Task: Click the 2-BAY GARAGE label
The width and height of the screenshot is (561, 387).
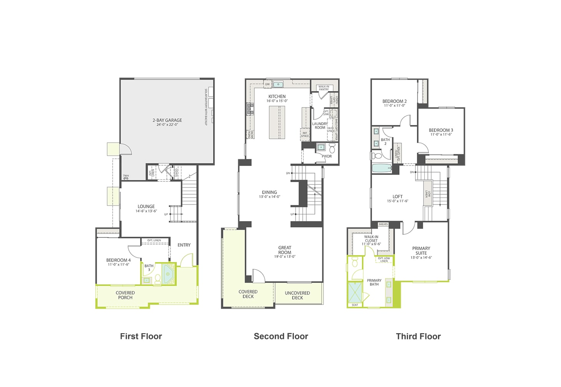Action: click(x=167, y=120)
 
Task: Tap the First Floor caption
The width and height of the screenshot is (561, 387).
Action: click(x=141, y=336)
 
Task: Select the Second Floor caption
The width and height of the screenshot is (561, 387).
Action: click(x=281, y=336)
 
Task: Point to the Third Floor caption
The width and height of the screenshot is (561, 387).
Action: click(x=418, y=336)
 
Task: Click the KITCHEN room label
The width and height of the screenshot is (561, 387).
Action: click(x=277, y=96)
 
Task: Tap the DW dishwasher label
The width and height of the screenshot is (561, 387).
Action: click(x=267, y=84)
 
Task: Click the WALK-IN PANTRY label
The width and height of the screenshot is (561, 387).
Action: click(x=324, y=88)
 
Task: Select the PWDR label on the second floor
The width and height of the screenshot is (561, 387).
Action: click(x=327, y=156)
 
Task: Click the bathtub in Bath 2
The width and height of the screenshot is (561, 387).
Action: click(x=382, y=168)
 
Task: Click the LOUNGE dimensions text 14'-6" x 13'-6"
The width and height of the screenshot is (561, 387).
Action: click(x=146, y=211)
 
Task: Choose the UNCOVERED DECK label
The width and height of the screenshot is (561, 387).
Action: click(x=297, y=295)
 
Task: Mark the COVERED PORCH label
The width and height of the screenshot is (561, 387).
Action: click(x=125, y=295)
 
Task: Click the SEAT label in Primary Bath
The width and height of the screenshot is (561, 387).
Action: click(x=355, y=305)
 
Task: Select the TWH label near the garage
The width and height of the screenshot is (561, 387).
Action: click(x=126, y=176)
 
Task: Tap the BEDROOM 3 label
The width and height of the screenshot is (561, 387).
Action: click(x=441, y=130)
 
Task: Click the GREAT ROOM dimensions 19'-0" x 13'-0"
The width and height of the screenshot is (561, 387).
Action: click(x=285, y=257)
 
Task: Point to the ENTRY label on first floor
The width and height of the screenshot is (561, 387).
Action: click(x=184, y=245)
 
